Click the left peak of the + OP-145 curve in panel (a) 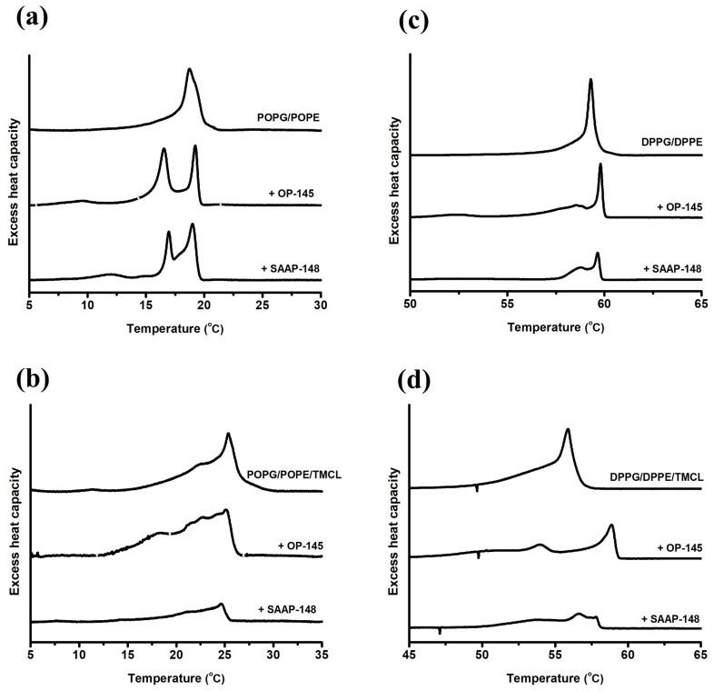tap(164, 149)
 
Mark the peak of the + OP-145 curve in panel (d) tap(611, 526)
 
